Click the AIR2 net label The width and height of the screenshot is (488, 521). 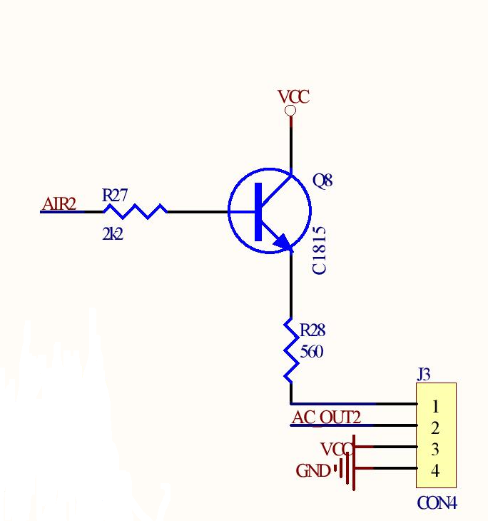click(x=59, y=203)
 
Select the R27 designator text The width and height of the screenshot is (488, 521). click(x=115, y=195)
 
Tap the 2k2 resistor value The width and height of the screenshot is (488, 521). click(x=113, y=234)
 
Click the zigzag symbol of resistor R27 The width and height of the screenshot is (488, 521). click(x=136, y=211)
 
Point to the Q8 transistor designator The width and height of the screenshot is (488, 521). click(x=322, y=181)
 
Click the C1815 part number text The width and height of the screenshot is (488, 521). click(x=319, y=251)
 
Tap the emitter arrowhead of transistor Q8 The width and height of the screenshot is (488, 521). click(x=283, y=241)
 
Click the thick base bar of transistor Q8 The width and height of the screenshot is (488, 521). click(x=258, y=212)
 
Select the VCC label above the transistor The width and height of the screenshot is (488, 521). click(x=294, y=97)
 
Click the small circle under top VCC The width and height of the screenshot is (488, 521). click(x=290, y=111)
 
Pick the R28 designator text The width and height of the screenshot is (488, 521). click(x=312, y=330)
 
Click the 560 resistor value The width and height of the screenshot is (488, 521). click(x=312, y=352)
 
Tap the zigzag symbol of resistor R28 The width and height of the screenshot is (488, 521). click(x=291, y=350)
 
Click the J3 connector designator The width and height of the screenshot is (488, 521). click(x=424, y=374)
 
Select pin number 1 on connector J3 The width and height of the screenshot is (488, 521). click(x=435, y=406)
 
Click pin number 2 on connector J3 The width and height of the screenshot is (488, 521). click(x=435, y=428)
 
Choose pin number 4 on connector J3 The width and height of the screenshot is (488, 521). click(x=435, y=471)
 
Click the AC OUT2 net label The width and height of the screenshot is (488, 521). click(x=326, y=418)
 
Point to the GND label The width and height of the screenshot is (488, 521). click(x=313, y=471)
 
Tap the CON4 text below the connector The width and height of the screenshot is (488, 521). click(x=437, y=503)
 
